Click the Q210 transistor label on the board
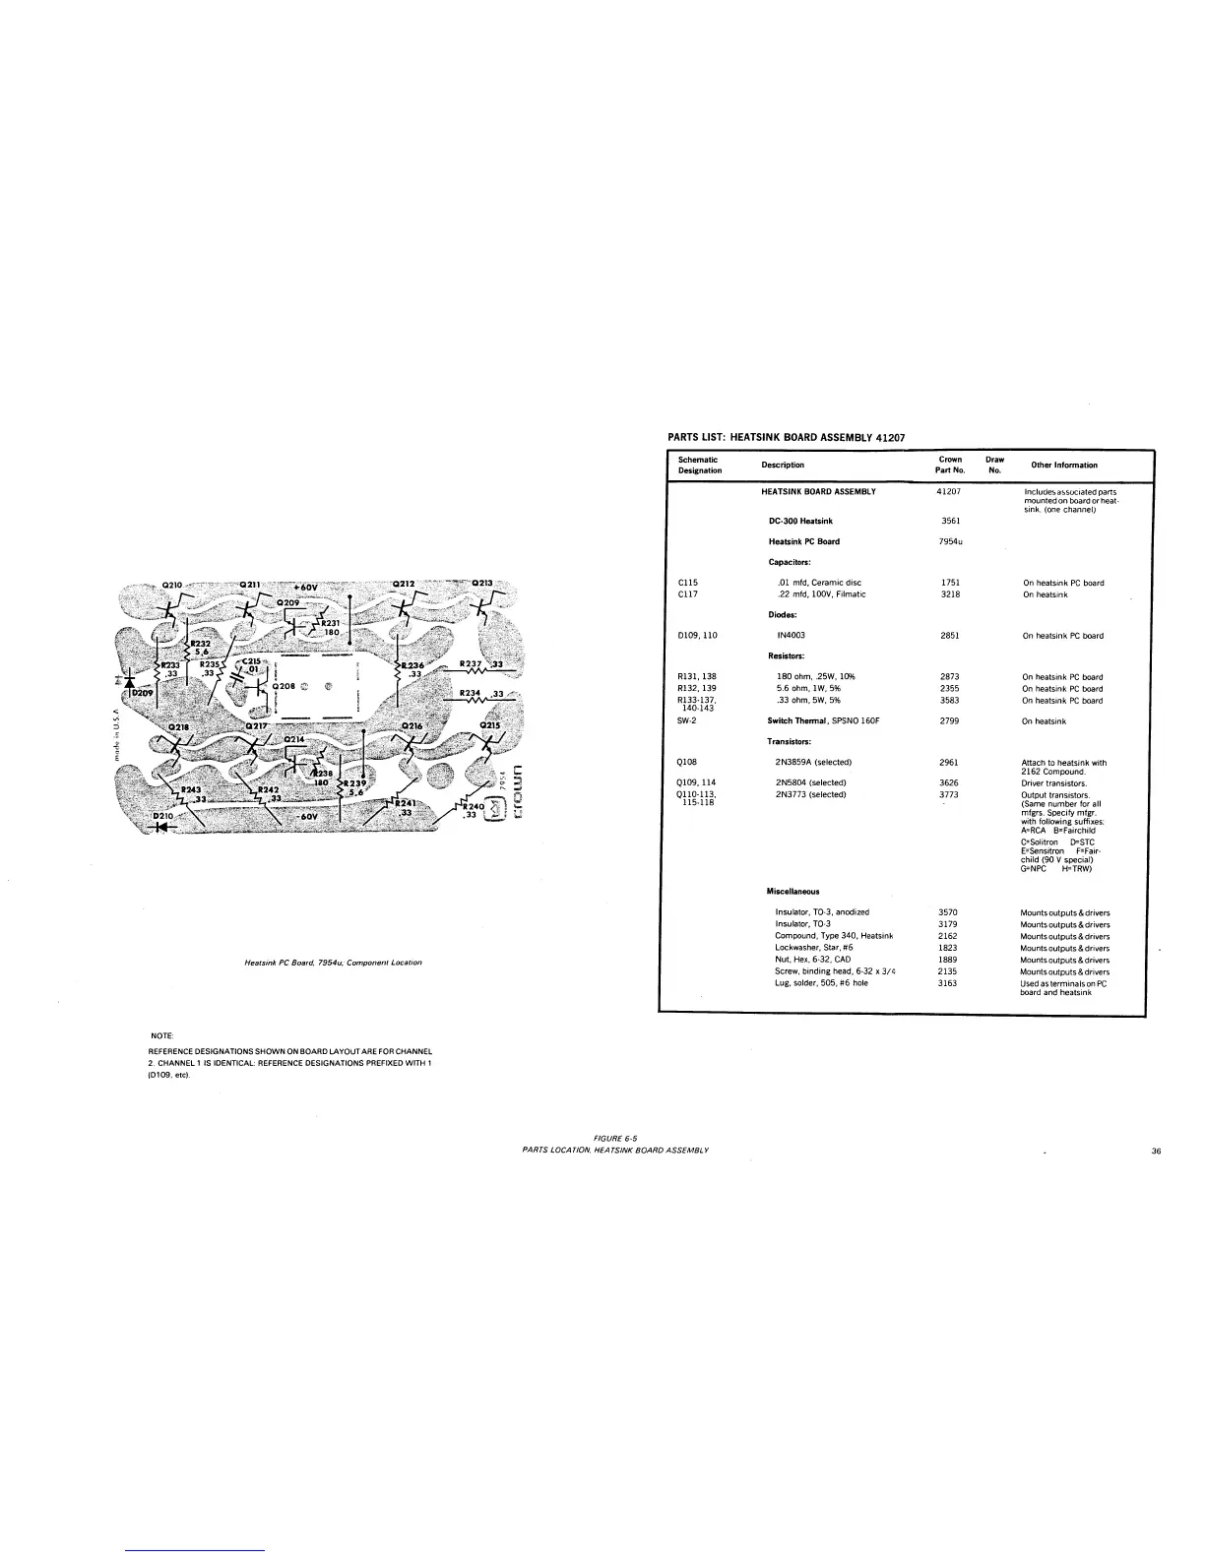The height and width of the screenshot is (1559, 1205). coord(172,585)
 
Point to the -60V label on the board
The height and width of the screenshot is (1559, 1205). coord(307,816)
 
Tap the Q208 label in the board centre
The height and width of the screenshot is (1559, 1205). coord(285,685)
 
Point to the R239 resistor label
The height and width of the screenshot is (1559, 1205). coord(351,783)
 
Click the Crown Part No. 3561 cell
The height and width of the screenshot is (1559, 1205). coord(950,521)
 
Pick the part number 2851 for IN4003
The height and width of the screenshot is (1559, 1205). coord(950,636)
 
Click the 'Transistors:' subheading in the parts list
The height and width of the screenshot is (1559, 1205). coord(789,741)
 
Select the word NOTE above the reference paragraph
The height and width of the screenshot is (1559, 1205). coord(160,1035)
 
